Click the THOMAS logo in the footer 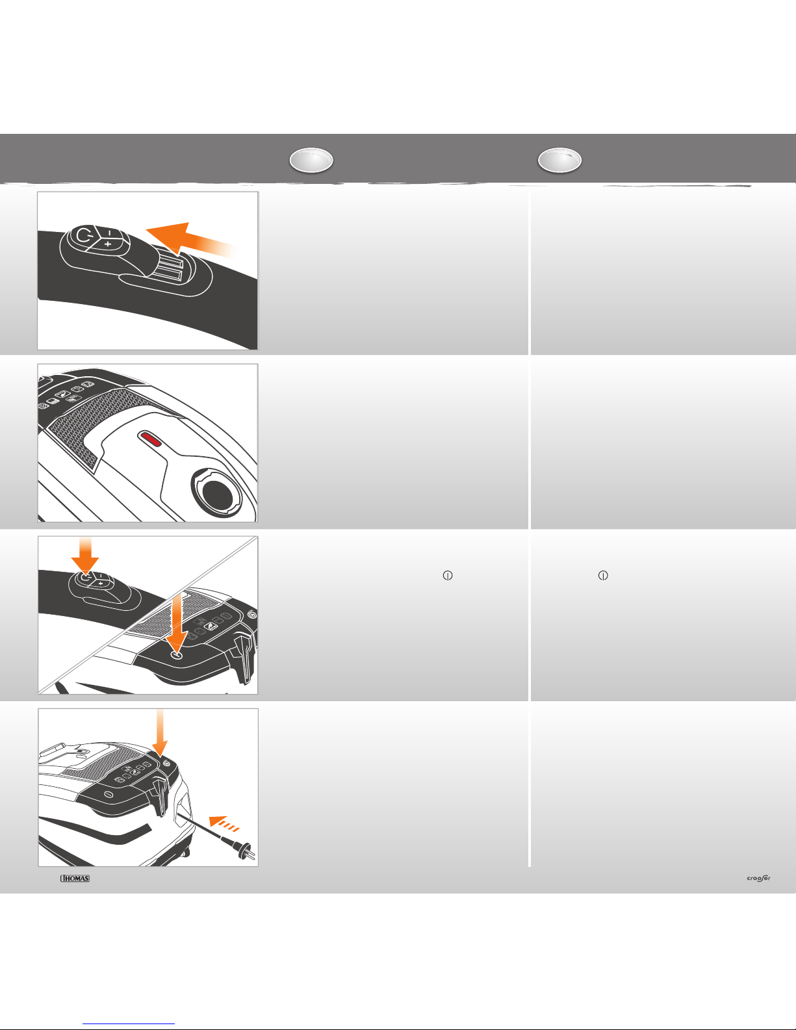75,879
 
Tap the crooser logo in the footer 758,878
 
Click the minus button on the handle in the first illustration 109,233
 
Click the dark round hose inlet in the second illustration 217,495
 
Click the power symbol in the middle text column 447,575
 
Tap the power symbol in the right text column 603,575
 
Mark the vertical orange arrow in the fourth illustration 160,733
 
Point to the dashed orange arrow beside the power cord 224,824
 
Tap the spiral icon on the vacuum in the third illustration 252,615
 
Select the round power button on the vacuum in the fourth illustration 109,795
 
